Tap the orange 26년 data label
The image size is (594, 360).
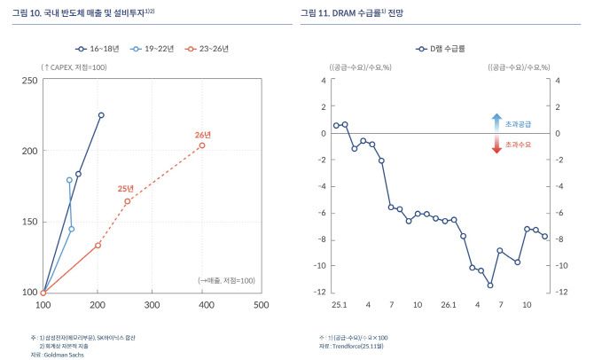pos(202,135)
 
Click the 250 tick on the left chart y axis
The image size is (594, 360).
pos(28,81)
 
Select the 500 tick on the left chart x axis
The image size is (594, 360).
pos(261,305)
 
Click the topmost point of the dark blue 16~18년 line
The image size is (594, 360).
pos(101,115)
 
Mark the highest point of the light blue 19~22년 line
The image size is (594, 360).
pos(69,179)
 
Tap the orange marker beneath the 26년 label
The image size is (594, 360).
pos(202,145)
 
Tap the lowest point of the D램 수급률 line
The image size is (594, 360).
pos(490,285)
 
